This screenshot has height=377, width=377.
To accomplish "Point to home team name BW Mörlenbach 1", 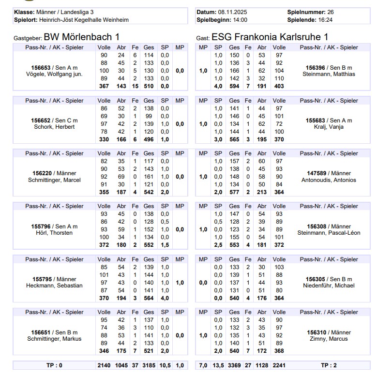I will click(x=81, y=37).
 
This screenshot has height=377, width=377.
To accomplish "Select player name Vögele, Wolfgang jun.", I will click(x=55, y=74).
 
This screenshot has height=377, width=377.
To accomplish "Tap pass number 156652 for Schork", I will click(x=41, y=120).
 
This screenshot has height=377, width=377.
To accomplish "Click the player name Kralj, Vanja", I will click(x=329, y=127).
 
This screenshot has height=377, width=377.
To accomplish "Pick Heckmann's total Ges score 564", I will click(x=149, y=299).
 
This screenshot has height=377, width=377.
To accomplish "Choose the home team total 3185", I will click(x=149, y=365).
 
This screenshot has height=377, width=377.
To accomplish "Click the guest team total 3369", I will click(x=234, y=365).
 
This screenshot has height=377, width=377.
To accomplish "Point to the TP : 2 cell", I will click(x=329, y=365).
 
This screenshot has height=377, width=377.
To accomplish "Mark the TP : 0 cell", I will click(x=54, y=365).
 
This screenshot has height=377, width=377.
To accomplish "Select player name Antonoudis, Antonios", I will click(x=329, y=180).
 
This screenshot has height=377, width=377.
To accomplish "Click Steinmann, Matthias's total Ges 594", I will click(x=234, y=87).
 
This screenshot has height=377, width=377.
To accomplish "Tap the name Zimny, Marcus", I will click(x=329, y=339).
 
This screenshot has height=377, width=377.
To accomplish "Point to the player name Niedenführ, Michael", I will click(x=329, y=286).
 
